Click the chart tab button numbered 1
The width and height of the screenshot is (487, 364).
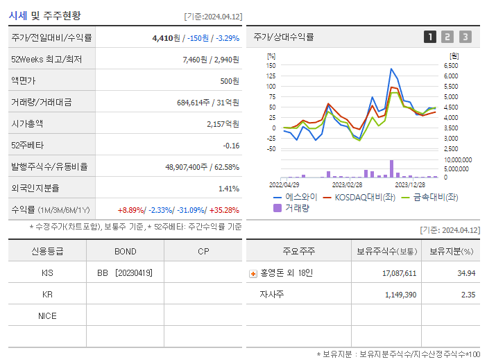click(430, 37)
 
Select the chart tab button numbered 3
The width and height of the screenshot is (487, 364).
click(465, 37)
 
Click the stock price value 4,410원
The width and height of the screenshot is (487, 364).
click(167, 38)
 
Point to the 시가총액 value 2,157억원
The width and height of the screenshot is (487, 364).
click(223, 123)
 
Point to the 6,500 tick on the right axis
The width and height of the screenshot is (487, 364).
click(452, 65)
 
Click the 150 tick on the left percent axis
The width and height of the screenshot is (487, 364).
click(271, 65)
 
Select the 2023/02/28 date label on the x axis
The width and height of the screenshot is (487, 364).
click(347, 184)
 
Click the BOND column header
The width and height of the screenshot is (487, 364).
click(125, 251)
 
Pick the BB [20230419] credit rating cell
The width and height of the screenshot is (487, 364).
click(125, 273)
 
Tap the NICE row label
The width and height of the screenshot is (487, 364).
click(47, 316)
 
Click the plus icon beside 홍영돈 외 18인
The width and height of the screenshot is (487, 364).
click(253, 274)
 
